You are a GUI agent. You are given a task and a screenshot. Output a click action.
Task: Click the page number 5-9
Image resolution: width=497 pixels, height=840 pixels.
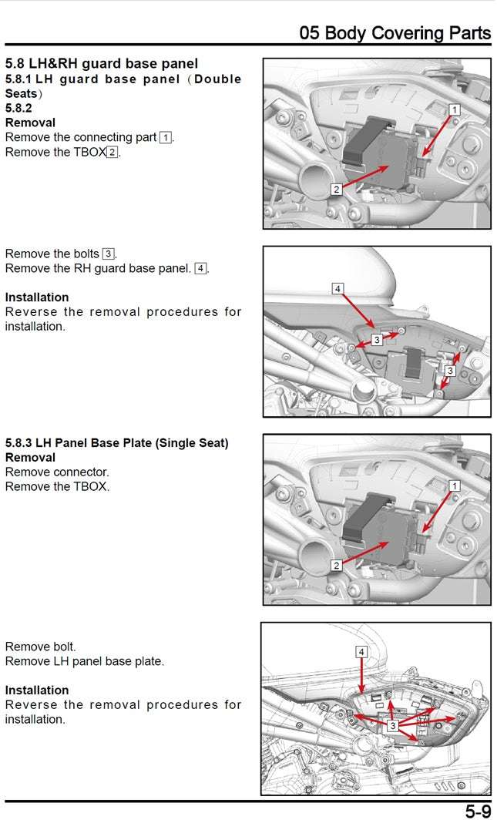pyautogui.click(x=477, y=811)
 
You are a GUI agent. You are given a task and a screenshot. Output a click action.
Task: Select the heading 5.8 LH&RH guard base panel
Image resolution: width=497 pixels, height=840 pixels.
pyautogui.click(x=102, y=63)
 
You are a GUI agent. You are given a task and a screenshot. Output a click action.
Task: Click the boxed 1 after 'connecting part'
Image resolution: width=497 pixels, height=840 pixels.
pyautogui.click(x=166, y=137)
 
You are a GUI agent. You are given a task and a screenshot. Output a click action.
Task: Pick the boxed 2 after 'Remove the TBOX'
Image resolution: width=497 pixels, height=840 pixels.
pyautogui.click(x=112, y=152)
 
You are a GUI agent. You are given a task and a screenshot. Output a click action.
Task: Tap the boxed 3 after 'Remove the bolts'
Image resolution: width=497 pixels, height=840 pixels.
pyautogui.click(x=109, y=254)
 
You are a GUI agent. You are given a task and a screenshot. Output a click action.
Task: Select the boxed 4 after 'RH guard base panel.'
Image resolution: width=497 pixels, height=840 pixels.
pyautogui.click(x=200, y=269)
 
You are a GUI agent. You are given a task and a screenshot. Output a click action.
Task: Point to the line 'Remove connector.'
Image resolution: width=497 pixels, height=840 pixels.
pyautogui.click(x=57, y=472)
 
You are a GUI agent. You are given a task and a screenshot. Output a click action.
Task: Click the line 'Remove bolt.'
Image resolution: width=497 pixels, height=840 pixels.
pyautogui.click(x=41, y=647)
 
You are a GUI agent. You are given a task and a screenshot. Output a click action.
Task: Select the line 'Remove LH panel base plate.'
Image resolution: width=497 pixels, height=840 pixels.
pyautogui.click(x=85, y=661)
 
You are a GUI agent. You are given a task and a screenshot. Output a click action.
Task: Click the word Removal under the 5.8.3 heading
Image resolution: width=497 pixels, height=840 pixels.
pyautogui.click(x=30, y=458)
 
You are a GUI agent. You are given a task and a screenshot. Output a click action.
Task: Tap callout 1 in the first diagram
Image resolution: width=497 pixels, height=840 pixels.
pyautogui.click(x=455, y=110)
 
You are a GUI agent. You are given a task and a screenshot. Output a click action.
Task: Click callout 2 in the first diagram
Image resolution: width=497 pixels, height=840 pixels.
pyautogui.click(x=337, y=189)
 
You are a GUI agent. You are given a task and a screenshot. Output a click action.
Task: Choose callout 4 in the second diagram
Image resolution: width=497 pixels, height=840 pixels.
pyautogui.click(x=337, y=288)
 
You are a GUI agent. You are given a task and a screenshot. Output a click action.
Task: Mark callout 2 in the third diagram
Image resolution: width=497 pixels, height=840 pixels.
pyautogui.click(x=337, y=565)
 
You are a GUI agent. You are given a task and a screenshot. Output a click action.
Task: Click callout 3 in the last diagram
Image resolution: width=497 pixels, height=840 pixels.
pyautogui.click(x=393, y=726)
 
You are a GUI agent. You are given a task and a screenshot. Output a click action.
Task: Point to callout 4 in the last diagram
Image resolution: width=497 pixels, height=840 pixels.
pyautogui.click(x=362, y=652)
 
